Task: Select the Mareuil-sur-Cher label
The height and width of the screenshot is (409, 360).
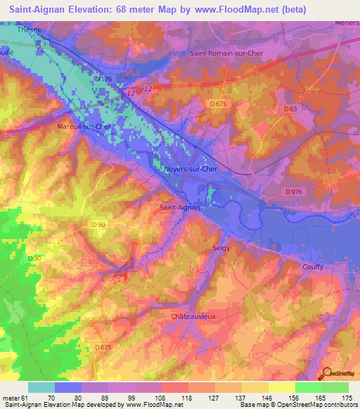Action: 84,126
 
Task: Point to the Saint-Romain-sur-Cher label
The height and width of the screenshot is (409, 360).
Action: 226,53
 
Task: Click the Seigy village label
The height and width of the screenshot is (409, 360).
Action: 221,248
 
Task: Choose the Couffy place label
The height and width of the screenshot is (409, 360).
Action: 312,266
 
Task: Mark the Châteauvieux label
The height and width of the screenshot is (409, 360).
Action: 193,317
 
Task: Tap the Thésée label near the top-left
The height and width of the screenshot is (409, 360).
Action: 29,30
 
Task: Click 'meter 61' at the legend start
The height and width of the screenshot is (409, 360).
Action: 14,397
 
